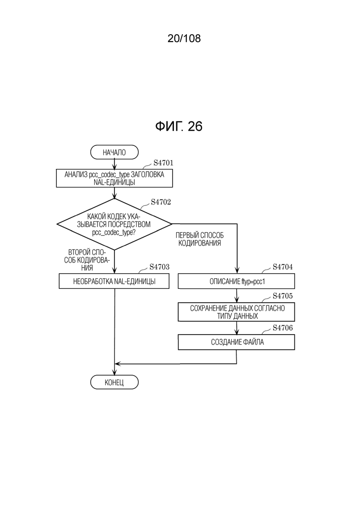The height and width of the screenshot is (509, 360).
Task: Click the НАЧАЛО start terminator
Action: coord(114,152)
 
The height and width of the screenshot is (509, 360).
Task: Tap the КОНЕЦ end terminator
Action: coord(114,383)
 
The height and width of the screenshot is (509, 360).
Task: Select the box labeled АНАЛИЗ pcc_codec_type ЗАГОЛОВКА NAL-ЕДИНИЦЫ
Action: coord(114,178)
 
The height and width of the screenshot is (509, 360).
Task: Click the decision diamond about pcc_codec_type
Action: coord(114,224)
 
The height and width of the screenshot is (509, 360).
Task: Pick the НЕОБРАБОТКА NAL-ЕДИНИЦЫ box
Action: coord(114,281)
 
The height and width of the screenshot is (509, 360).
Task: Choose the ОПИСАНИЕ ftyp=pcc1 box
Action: coord(236,281)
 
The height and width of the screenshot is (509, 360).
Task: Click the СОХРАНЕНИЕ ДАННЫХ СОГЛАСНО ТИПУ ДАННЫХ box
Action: coord(236,312)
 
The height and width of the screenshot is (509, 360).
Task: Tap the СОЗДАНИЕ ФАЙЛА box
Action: coord(236,342)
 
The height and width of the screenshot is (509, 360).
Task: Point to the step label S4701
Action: coord(163,163)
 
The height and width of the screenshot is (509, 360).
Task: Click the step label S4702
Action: coord(161,202)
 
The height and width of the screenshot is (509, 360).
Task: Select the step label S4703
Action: coord(160,267)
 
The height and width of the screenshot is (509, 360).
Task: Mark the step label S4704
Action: coord(283,267)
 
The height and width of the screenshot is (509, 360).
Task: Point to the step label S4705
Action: coord(283,296)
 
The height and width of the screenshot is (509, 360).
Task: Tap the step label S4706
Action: coord(283,328)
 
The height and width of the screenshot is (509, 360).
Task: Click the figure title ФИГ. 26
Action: coord(179,126)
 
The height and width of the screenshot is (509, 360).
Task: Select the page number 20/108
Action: coord(184,38)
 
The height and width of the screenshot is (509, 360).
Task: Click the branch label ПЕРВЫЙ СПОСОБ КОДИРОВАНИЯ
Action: coord(200,239)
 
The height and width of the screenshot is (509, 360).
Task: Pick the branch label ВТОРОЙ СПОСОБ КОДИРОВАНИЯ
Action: coord(87,260)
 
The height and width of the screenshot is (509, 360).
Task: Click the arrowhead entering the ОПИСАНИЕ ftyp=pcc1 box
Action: coord(237,270)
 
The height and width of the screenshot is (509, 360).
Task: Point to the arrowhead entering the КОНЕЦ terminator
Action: coord(114,372)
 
